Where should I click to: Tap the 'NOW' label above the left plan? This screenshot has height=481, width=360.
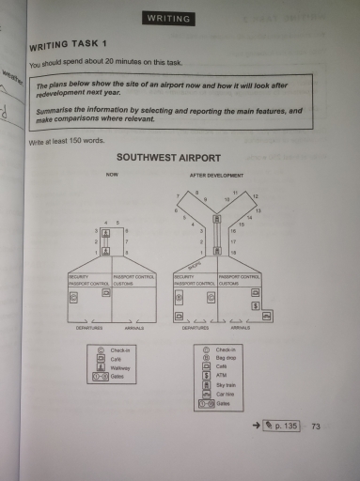[113, 175]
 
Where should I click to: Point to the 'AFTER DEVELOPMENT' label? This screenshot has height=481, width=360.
[217, 175]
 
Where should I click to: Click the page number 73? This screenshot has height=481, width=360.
[316, 427]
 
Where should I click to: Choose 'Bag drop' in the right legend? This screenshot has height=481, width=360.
[227, 358]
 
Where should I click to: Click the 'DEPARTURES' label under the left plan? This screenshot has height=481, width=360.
[90, 328]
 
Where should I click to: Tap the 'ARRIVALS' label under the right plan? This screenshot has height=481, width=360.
[241, 328]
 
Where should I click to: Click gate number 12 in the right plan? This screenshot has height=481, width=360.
[255, 195]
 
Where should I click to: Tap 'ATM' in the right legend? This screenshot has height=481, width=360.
[222, 376]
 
